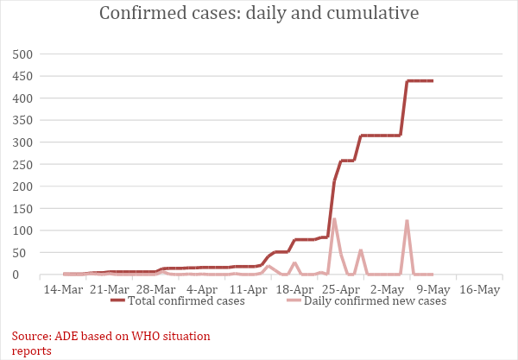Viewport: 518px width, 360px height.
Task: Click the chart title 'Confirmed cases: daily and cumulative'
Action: coord(259,14)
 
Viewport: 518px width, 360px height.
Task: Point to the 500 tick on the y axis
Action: coord(21,54)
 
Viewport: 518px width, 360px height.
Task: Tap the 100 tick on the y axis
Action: coord(21,231)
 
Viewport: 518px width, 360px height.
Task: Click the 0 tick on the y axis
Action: coord(28,275)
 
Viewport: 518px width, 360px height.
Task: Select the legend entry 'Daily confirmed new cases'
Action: coord(375,301)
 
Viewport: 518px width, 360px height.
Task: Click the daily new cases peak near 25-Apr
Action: coord(334,219)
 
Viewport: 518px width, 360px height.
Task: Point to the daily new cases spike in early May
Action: coord(407,221)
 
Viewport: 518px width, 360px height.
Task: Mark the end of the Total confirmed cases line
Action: coord(432,81)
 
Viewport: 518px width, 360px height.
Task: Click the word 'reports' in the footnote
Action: coord(32,351)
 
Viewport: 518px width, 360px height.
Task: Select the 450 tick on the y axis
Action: coord(21,76)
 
